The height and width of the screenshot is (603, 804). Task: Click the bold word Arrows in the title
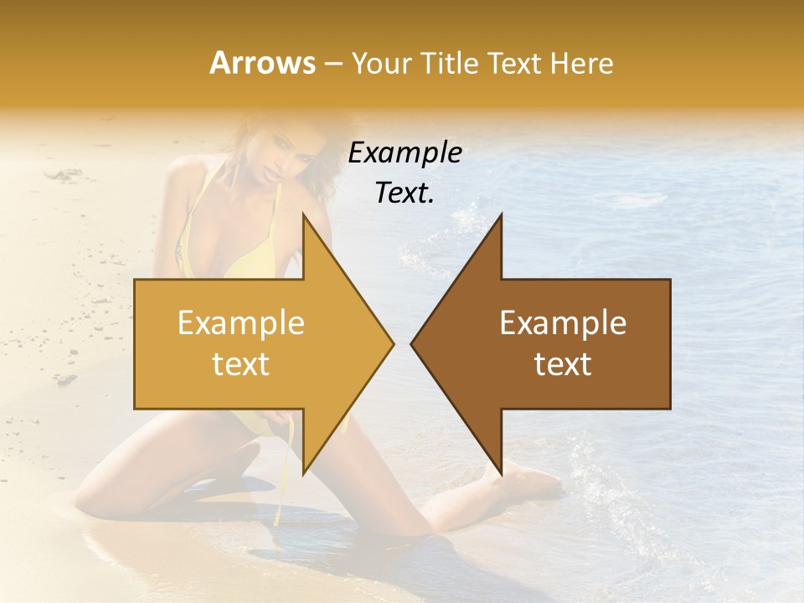tap(262, 63)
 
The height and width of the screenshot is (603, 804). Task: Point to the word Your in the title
tap(383, 63)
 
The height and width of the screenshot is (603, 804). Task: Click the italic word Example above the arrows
tap(405, 153)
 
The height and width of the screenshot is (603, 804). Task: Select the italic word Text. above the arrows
tap(405, 193)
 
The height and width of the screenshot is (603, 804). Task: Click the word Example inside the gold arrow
tap(241, 323)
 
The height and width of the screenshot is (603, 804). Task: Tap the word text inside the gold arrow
tap(241, 364)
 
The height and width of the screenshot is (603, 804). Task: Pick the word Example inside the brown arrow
tap(563, 323)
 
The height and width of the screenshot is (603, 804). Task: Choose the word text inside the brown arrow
tap(563, 364)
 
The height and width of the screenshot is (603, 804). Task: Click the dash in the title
tap(332, 64)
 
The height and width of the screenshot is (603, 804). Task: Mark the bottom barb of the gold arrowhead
tap(303, 471)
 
